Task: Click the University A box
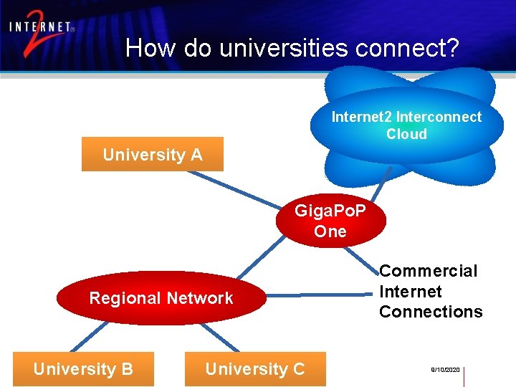pos(152,154)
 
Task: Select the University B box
pos(83,369)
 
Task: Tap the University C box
pos(255,369)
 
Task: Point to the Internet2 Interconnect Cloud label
pos(406,125)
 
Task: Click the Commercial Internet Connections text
pos(430,291)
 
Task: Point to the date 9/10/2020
pos(444,370)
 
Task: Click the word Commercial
pos(428,271)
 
